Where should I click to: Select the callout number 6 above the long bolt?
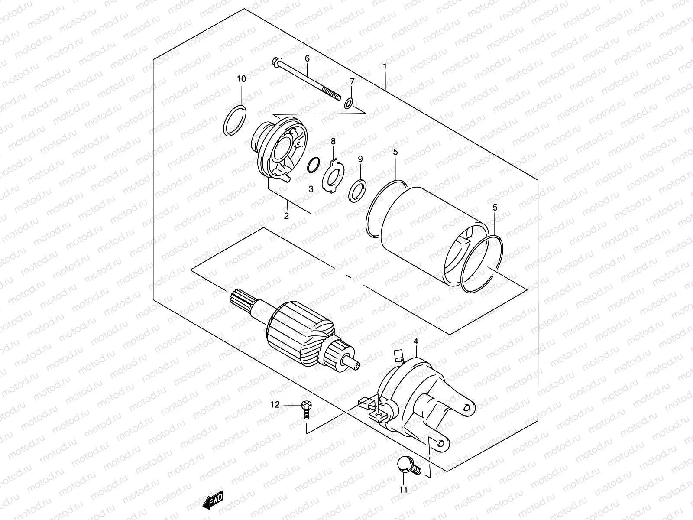pos(308,58)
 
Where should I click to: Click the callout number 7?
pos(352,81)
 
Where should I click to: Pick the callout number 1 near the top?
pos(384,66)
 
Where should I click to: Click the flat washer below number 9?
pos(359,190)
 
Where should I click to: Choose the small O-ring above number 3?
pos(314,165)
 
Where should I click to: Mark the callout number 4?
pos(416,341)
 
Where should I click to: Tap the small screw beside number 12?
pos(306,409)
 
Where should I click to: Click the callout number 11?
pos(403,491)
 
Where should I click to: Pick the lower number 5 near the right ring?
pos(495,208)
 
